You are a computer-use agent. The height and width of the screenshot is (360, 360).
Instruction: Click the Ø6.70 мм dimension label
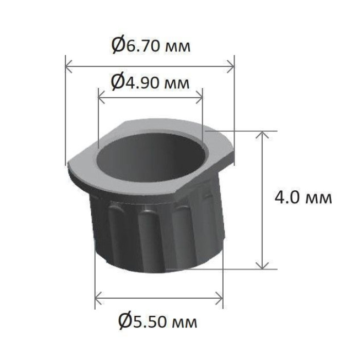tap(151, 45)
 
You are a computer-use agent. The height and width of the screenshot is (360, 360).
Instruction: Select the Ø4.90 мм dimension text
tap(150, 82)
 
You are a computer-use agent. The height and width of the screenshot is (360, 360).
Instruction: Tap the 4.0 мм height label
tap(303, 197)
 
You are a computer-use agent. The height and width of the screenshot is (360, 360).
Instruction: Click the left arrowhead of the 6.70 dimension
tap(68, 66)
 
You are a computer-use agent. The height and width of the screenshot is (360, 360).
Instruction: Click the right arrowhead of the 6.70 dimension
tap(231, 66)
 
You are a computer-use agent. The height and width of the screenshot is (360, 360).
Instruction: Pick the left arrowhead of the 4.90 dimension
tap(101, 97)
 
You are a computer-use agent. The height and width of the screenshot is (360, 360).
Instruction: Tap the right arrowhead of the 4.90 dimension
tap(200, 97)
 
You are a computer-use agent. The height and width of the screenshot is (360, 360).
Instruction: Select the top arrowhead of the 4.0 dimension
tap(262, 135)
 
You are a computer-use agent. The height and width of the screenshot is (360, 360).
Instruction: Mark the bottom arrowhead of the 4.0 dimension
tap(262, 265)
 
